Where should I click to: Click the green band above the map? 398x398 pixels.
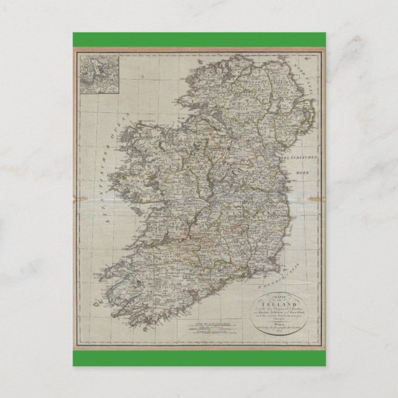point(199,38)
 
